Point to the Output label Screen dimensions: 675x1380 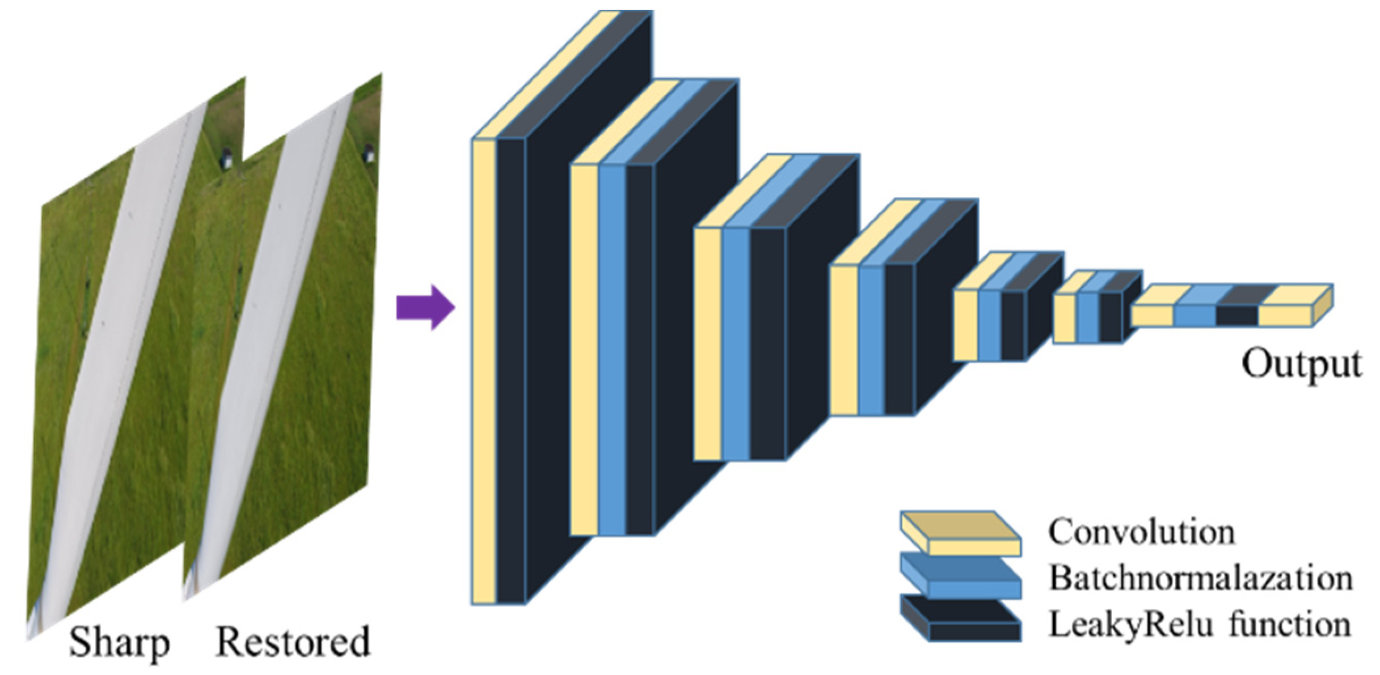tap(1301, 363)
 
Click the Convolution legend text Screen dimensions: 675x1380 tap(1141, 532)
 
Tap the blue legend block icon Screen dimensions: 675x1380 tap(960, 578)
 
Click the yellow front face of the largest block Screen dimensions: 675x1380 tap(484, 371)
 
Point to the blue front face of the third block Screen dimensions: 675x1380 tap(736, 343)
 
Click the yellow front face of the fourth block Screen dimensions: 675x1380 tap(844, 340)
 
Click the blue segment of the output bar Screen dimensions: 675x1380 tap(1195, 316)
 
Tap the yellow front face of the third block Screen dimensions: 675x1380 tap(708, 343)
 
